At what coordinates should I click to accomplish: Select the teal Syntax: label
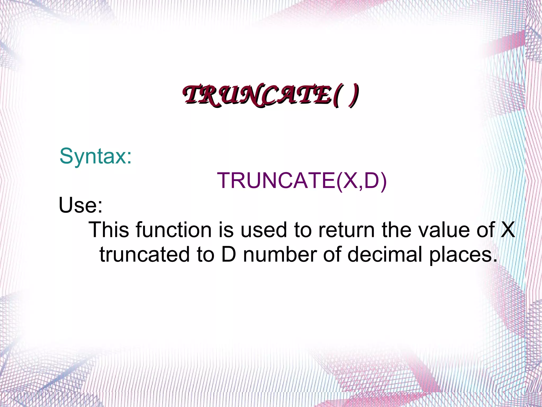(96, 156)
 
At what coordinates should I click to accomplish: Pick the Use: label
(80, 205)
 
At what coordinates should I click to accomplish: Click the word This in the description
(109, 230)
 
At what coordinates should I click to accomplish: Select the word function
(174, 230)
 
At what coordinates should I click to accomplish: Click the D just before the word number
(229, 254)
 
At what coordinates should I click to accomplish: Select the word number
(280, 254)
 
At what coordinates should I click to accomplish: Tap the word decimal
(385, 254)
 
